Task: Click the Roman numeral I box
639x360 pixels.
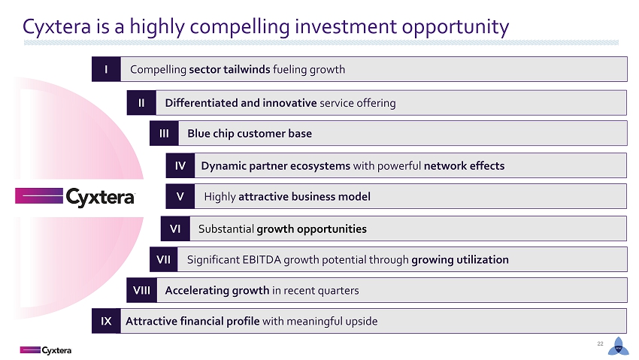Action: coord(106,69)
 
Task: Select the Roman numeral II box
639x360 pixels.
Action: coord(141,103)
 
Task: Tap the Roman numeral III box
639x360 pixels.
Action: coord(164,133)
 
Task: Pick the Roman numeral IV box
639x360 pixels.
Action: coord(180,165)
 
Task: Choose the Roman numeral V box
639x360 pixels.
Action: coord(180,196)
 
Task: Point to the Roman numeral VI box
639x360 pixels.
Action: coord(175,228)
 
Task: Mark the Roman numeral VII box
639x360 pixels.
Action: coord(163,259)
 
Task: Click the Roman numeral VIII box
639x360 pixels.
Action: coord(142,290)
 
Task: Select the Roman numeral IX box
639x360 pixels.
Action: coord(106,322)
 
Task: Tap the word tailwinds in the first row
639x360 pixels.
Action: coord(247,69)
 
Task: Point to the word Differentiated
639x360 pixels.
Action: coord(201,103)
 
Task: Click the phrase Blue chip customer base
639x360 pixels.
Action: coord(250,134)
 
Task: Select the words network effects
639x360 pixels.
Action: coord(464,166)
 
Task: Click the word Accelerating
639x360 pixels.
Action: coord(197,290)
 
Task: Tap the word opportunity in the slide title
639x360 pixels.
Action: coord(456,27)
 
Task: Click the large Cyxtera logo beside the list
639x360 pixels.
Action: coord(75,197)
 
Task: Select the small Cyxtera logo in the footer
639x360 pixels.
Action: coord(46,350)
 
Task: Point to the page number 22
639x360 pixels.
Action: coord(600,343)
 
